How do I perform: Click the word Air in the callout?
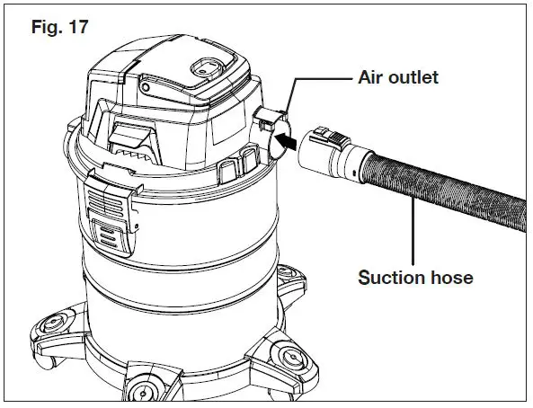(371, 77)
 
